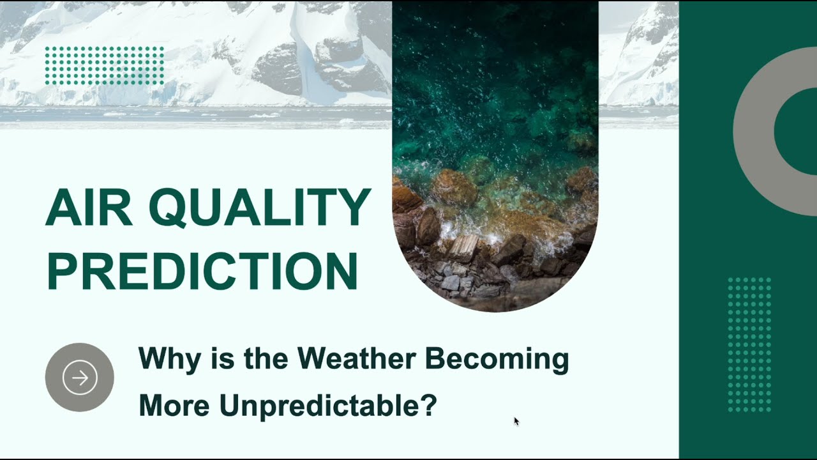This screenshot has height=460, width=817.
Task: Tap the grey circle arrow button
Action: point(80,377)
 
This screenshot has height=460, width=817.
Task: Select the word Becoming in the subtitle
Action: point(497,359)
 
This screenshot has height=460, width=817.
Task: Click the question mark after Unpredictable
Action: point(429,405)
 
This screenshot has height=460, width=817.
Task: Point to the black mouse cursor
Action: point(516,421)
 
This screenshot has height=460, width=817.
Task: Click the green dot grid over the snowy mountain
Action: point(105,65)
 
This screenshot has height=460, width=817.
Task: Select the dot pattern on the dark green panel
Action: point(749,344)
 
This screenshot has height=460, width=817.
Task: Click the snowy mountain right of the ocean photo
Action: point(638,57)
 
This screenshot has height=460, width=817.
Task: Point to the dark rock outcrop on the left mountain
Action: point(278,67)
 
